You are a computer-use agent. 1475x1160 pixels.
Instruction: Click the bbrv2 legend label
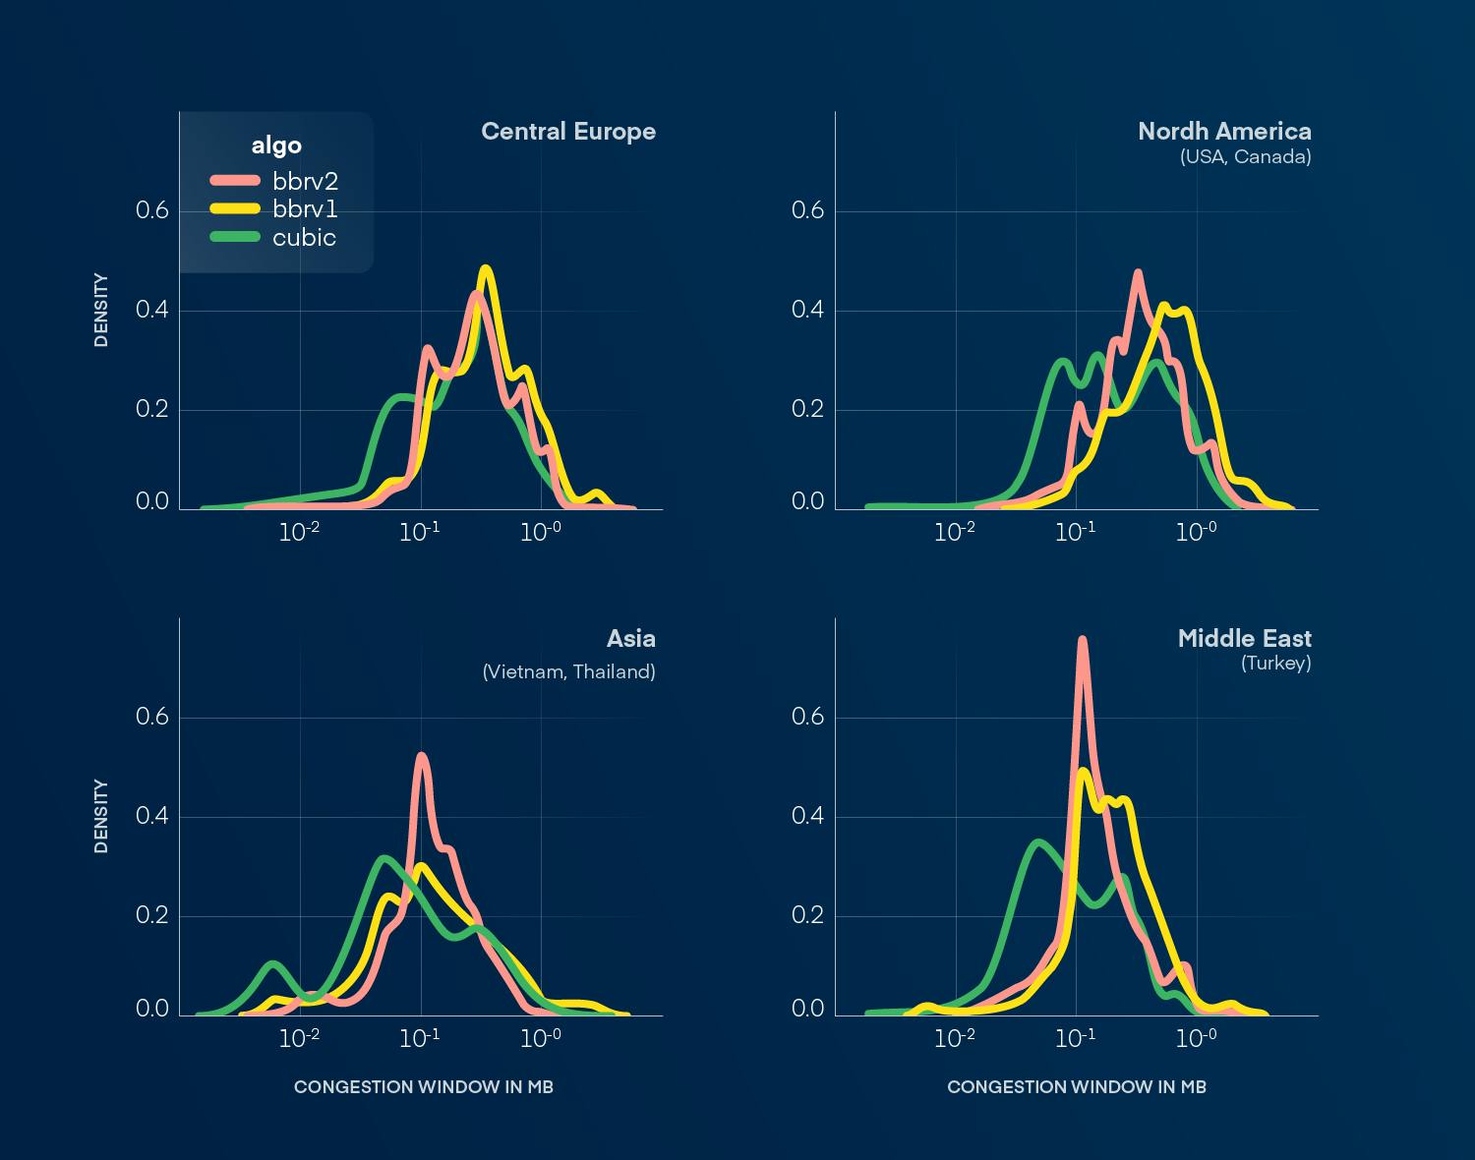(x=305, y=182)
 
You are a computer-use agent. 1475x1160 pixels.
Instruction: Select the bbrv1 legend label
(x=305, y=209)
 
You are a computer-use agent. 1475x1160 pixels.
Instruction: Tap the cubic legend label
(x=304, y=238)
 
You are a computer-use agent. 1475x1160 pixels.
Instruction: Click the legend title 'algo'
(x=276, y=145)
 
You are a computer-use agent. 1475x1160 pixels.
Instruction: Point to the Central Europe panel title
(x=567, y=132)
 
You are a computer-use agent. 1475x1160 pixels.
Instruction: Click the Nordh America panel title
(x=1224, y=132)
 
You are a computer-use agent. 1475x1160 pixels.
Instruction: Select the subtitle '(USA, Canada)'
(x=1245, y=157)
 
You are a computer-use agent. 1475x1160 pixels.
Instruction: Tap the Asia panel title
(x=630, y=639)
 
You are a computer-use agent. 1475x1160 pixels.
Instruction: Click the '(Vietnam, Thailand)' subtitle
(x=568, y=672)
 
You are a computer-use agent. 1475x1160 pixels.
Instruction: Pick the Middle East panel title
(x=1244, y=639)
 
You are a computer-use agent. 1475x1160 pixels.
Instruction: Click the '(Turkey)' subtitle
(x=1275, y=664)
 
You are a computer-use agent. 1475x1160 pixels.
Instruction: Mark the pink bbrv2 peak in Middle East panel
(x=1082, y=640)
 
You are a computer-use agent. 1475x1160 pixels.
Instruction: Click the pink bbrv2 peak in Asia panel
(x=421, y=756)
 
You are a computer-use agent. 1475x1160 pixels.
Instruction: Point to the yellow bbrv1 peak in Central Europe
(x=485, y=268)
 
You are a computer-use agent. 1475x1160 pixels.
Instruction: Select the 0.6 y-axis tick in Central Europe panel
(x=152, y=211)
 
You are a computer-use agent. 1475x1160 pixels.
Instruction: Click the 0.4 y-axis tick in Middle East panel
(x=808, y=817)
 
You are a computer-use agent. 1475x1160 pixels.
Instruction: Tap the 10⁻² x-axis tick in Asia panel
(x=299, y=1038)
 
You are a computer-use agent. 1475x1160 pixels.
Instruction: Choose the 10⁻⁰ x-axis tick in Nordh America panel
(x=1196, y=532)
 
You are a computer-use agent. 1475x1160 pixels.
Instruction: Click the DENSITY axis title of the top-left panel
(x=101, y=310)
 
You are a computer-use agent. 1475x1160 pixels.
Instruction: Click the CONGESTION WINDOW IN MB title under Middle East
(x=1076, y=1087)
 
